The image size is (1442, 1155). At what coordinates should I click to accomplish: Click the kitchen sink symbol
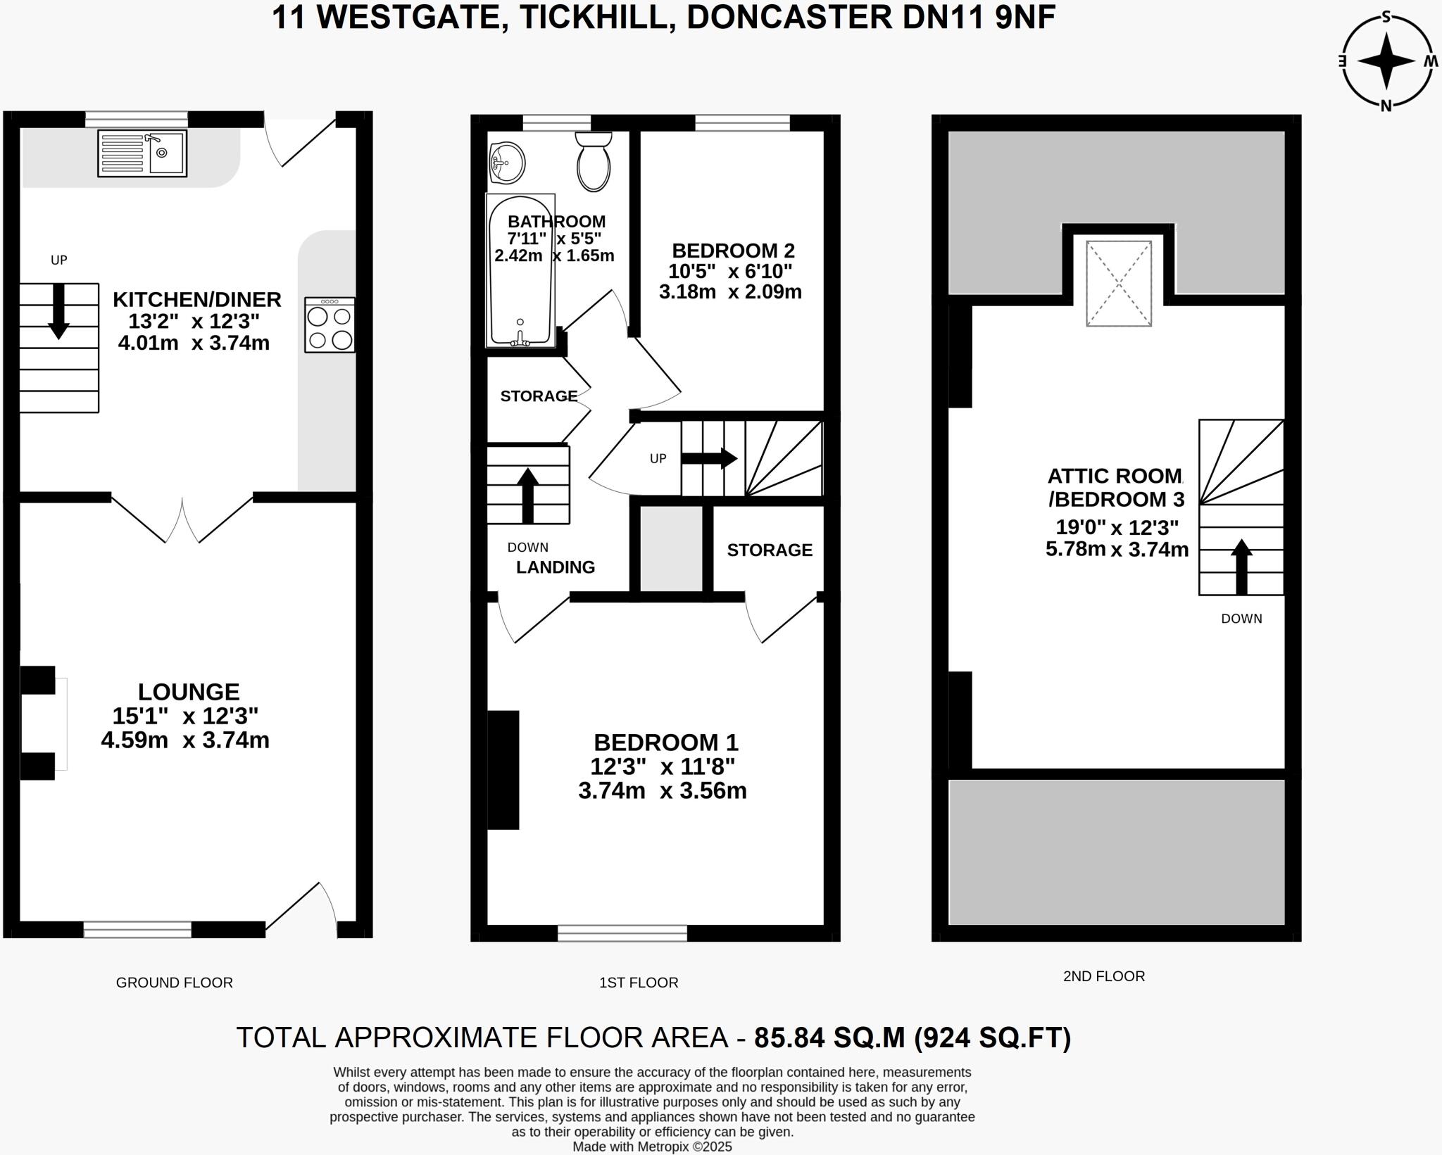click(x=142, y=153)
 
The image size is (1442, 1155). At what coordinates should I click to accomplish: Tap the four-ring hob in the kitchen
click(x=330, y=324)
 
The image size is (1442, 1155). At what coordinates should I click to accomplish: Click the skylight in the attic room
click(x=1119, y=284)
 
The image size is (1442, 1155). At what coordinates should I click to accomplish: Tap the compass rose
click(x=1386, y=62)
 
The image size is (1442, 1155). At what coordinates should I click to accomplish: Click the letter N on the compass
click(x=1386, y=106)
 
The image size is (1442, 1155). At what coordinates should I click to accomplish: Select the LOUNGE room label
click(x=188, y=692)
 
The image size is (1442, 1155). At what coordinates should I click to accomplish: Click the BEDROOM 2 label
click(x=733, y=251)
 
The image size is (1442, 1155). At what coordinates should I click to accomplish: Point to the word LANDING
click(x=556, y=567)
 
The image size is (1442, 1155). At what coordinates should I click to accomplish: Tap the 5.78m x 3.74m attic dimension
click(x=1117, y=549)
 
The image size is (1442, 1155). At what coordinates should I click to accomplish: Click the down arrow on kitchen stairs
click(x=58, y=311)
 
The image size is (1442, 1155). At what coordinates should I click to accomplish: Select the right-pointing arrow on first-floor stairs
click(x=709, y=459)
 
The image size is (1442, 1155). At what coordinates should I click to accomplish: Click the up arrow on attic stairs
click(x=1241, y=567)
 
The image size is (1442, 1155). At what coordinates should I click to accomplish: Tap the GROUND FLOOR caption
click(x=174, y=983)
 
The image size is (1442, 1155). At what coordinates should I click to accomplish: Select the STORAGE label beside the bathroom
click(x=539, y=396)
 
